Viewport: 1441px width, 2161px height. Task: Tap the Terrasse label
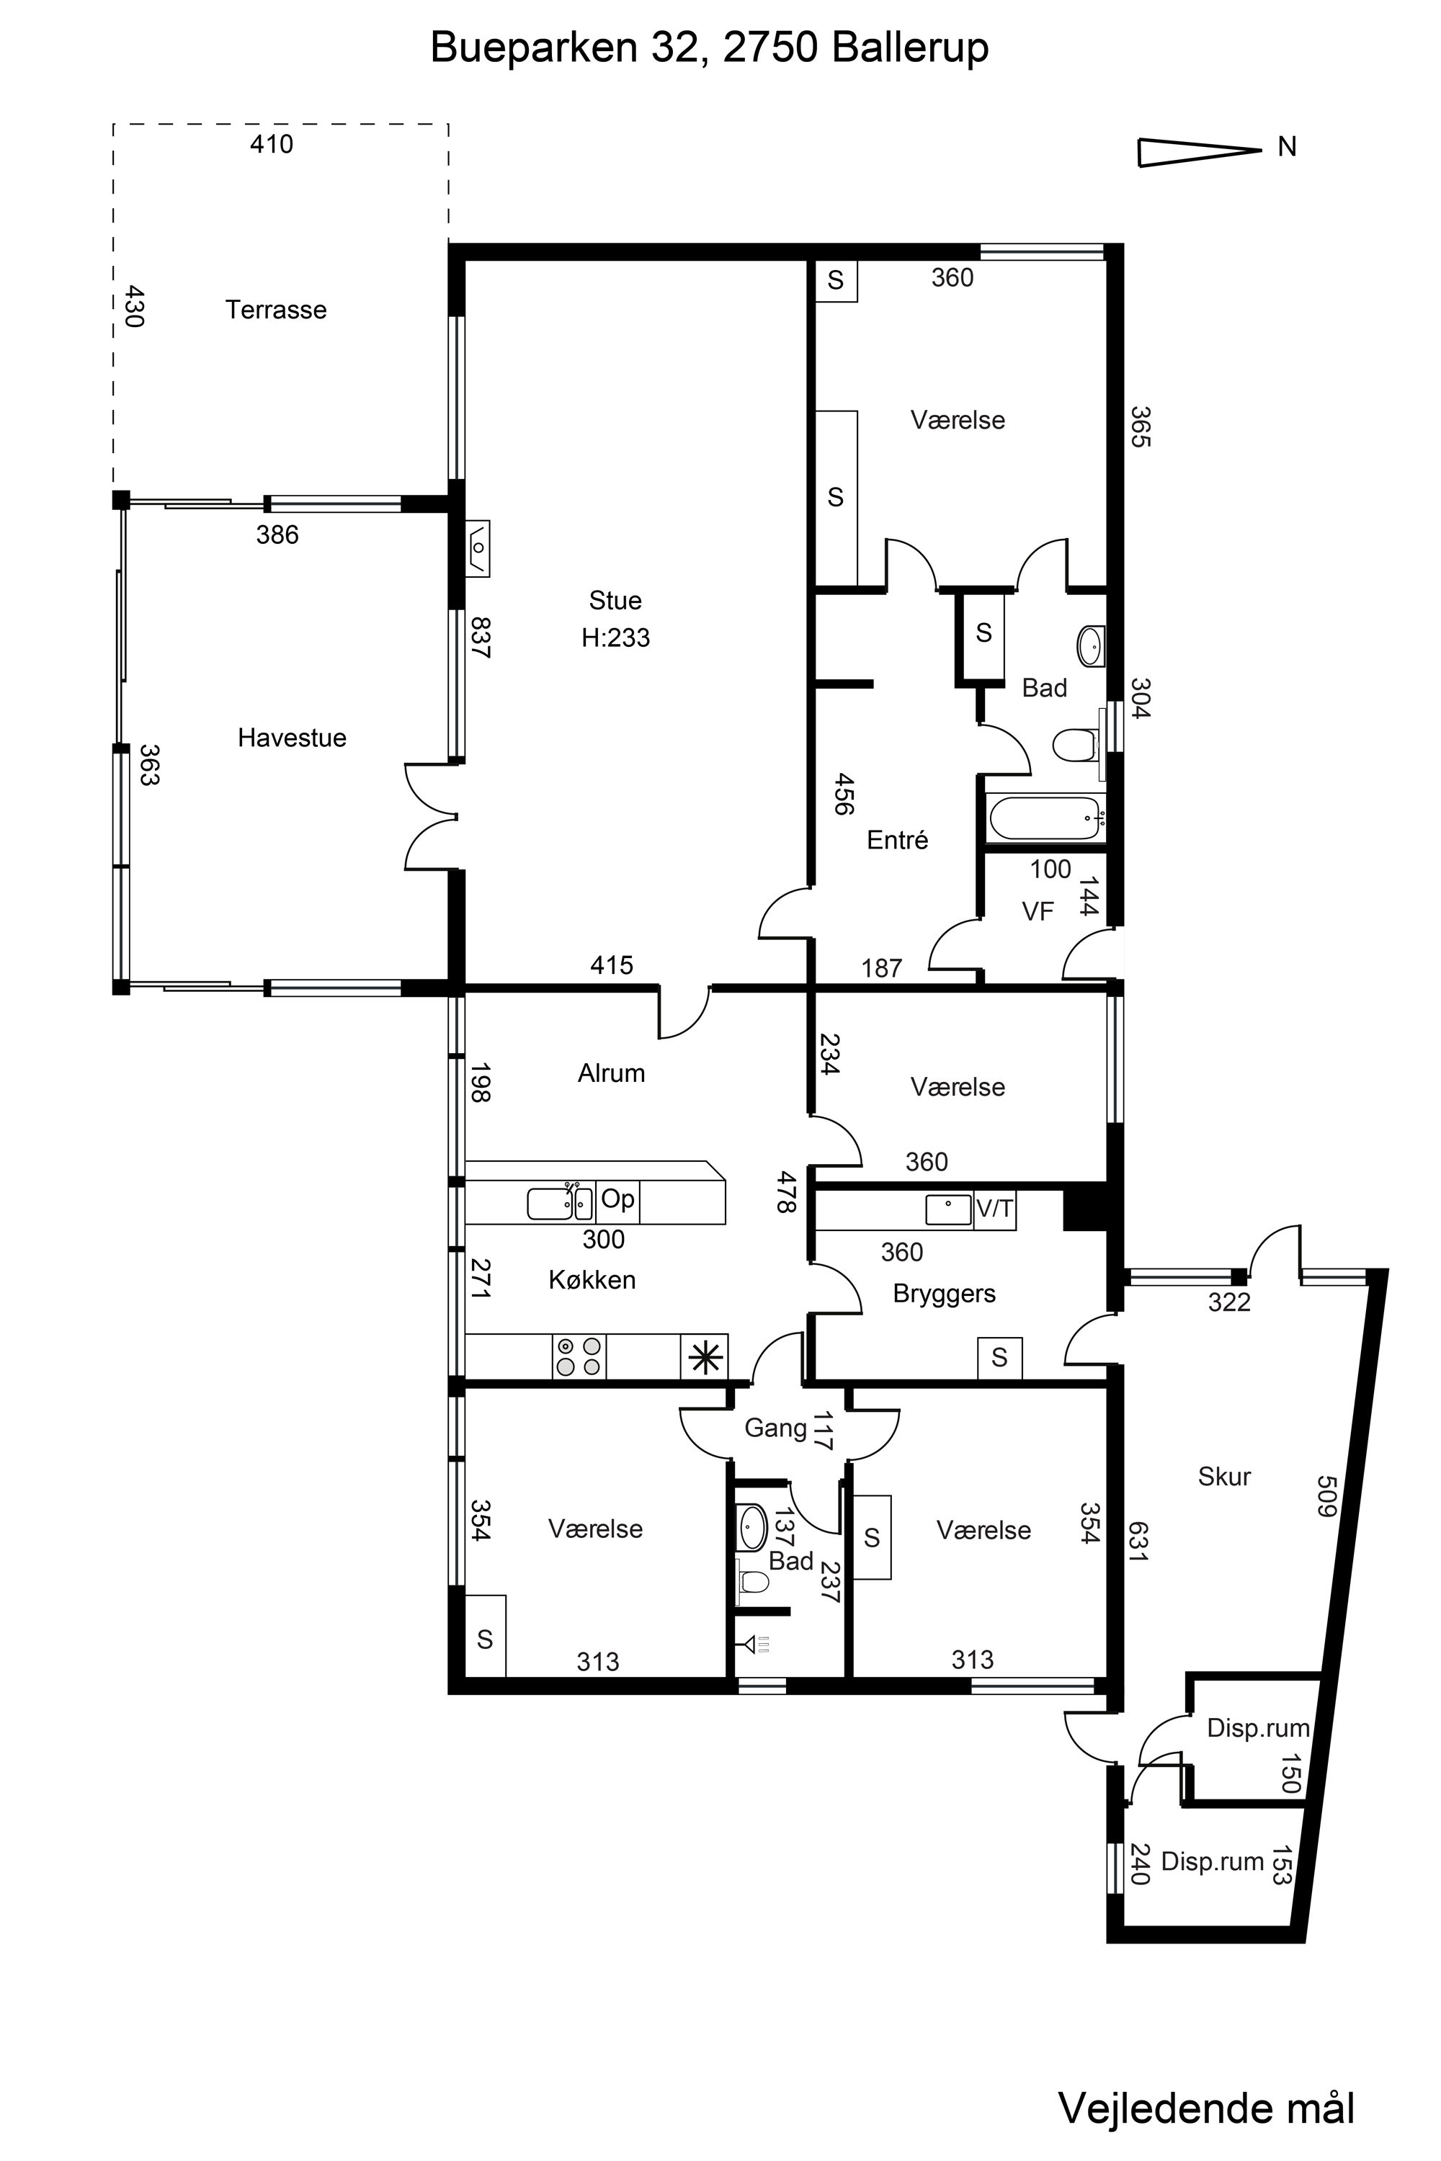click(x=276, y=310)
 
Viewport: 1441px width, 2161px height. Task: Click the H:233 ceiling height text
click(x=616, y=637)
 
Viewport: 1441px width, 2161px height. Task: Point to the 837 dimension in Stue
click(x=481, y=637)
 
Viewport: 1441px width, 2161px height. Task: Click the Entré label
click(x=897, y=840)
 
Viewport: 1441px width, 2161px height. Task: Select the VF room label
click(x=1038, y=911)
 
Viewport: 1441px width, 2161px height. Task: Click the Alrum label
click(x=611, y=1073)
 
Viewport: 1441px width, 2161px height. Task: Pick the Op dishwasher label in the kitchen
click(x=617, y=1199)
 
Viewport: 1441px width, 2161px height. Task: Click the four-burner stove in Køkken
click(x=579, y=1356)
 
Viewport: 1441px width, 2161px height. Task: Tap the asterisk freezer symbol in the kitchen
click(x=704, y=1357)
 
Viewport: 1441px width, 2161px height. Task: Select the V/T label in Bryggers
click(x=994, y=1209)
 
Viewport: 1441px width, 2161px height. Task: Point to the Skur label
click(x=1224, y=1477)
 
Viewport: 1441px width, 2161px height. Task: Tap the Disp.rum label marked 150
click(x=1257, y=1728)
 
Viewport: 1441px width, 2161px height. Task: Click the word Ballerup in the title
click(x=910, y=48)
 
